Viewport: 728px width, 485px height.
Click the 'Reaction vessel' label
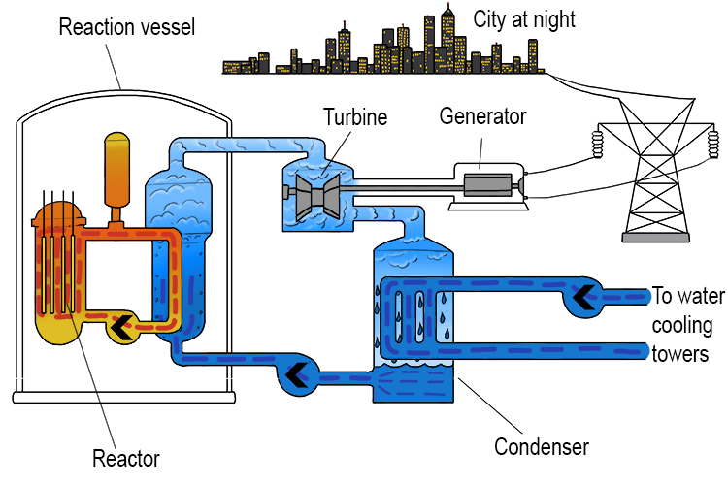(127, 26)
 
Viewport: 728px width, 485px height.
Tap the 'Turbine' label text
(355, 118)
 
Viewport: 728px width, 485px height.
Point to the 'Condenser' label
(542, 447)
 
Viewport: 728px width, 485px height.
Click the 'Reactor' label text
(125, 457)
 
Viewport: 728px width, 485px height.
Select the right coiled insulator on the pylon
(713, 143)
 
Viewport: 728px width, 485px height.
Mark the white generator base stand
(484, 205)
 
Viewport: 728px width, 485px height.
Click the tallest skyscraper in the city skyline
(447, 39)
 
